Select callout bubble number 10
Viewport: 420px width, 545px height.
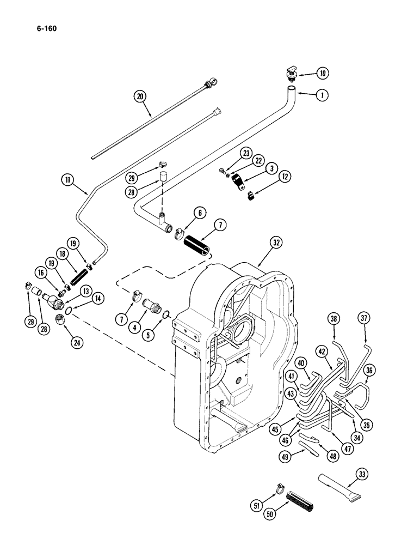(323, 72)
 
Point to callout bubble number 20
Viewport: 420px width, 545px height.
(140, 97)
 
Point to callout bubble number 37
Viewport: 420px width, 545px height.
(364, 318)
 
